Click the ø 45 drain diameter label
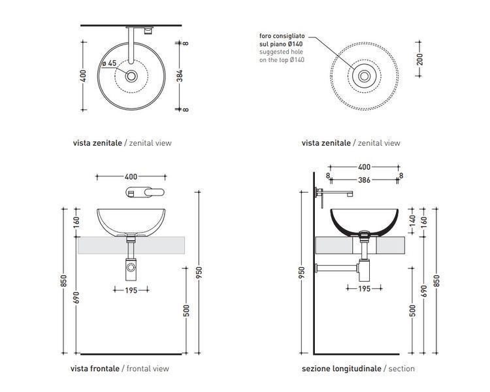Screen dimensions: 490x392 click(x=109, y=63)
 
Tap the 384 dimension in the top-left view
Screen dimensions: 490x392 click(x=180, y=76)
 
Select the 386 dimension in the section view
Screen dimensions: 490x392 click(x=364, y=180)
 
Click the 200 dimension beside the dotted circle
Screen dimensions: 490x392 click(x=419, y=59)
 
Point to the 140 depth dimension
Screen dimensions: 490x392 click(x=412, y=221)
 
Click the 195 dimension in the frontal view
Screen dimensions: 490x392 click(x=131, y=290)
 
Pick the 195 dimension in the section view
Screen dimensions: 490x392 click(x=365, y=289)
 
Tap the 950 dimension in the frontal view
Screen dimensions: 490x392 click(x=199, y=272)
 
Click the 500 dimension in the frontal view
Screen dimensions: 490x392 click(x=186, y=310)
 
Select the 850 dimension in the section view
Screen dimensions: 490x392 click(x=436, y=280)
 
